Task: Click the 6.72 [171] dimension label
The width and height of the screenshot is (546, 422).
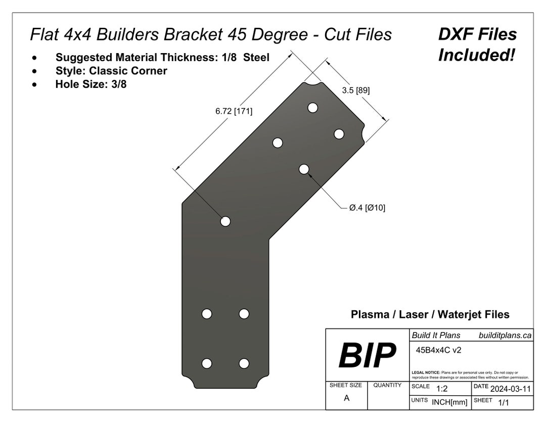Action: pos(234,111)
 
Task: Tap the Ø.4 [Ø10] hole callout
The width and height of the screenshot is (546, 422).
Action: pos(367,207)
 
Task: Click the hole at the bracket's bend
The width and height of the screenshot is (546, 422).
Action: pos(225,221)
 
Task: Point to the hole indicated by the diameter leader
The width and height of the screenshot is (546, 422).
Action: pos(304,169)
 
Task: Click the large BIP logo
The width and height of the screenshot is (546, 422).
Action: pos(367,355)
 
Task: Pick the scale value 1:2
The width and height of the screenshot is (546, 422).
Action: pos(441,389)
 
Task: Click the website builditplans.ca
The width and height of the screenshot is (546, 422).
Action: pos(505,335)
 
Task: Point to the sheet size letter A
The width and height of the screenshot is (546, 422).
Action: pos(346,398)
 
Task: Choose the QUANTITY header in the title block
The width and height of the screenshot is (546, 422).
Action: pos(387,385)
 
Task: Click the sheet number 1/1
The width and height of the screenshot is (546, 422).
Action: pos(504,403)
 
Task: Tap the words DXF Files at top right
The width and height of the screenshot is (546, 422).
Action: pos(477,34)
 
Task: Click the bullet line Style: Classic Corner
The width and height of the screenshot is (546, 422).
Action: pos(111,71)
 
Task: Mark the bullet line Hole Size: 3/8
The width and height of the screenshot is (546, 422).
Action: pos(91,84)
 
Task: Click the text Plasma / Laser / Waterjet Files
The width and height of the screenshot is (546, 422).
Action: pos(430,314)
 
